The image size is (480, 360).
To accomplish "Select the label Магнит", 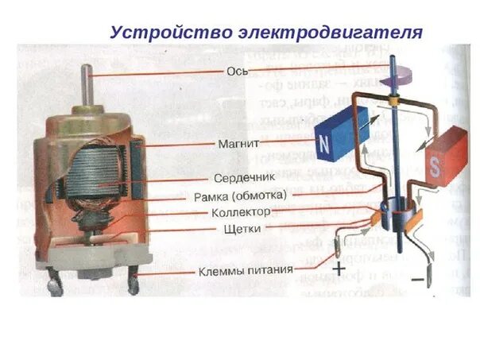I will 235,145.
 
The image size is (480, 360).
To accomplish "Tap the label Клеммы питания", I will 246,271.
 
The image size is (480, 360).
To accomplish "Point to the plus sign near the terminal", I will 339,269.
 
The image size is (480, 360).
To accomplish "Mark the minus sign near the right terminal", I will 415,281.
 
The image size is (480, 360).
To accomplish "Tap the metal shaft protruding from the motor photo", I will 87,87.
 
